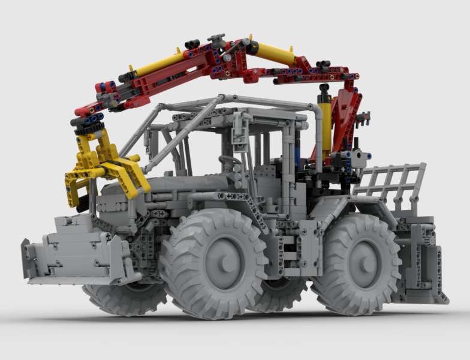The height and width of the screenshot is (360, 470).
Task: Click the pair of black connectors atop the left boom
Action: coord(192,44)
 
